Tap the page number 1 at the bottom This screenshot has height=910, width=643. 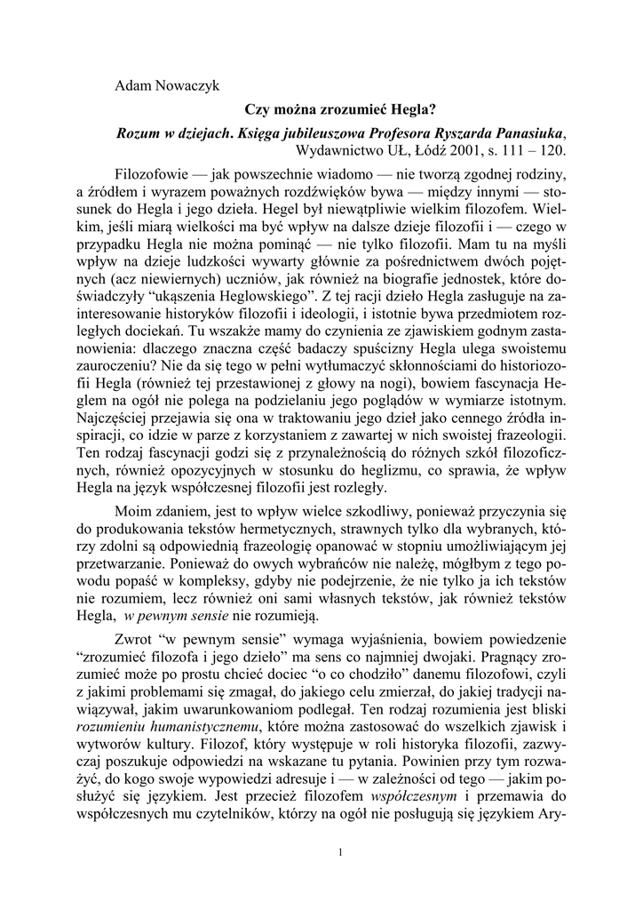(341, 853)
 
